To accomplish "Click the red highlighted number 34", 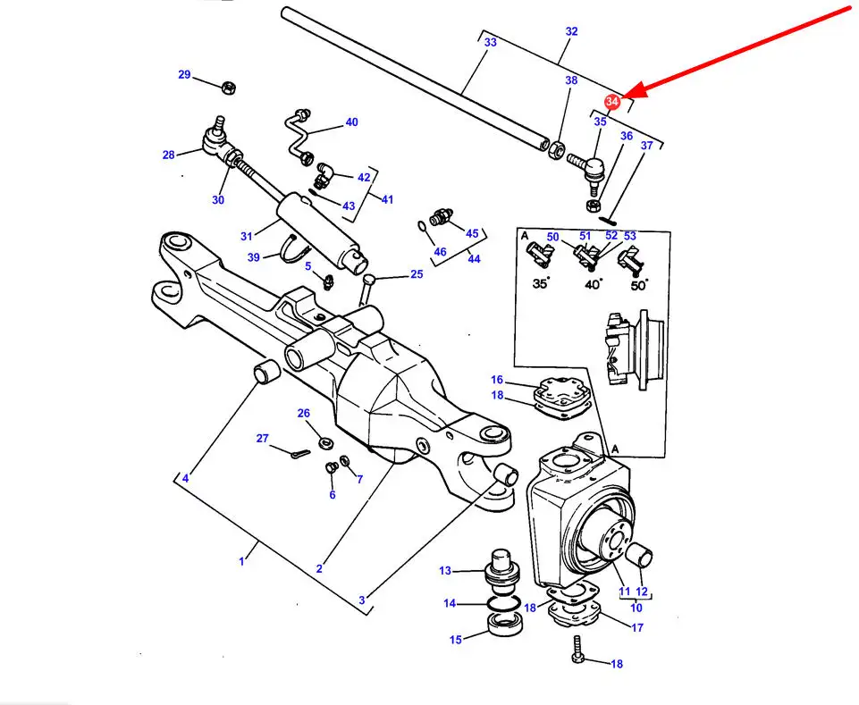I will pos(612,103).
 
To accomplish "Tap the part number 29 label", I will pos(184,75).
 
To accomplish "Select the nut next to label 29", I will pos(227,88).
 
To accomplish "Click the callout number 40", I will pos(351,122).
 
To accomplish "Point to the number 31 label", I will pos(248,236).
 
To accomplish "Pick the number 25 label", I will pos(417,274).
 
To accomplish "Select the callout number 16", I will pos(497,380).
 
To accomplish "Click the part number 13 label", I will pos(445,571).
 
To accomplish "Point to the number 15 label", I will pos(456,639).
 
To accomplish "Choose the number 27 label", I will pos(262,438).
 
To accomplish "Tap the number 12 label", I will pos(642,592).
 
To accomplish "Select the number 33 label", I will pos(490,42).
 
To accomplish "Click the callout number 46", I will pos(440,253).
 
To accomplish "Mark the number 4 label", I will pos(186,479).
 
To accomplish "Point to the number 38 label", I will pos(571,80).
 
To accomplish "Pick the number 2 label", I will pos(319,568).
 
